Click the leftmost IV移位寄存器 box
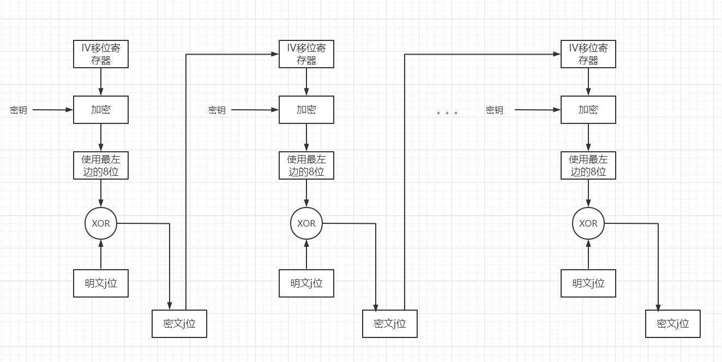pos(101,54)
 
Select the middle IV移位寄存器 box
pos(306,54)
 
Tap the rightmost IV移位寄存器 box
pos(588,54)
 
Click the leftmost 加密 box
pos(101,110)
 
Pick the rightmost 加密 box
pos(588,110)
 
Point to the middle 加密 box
pos(306,110)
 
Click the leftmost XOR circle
pos(101,223)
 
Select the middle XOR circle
pos(306,223)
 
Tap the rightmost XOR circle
pos(588,223)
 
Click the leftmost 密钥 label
pos(19,110)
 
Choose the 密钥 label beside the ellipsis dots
pos(495,110)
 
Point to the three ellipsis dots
pos(447,113)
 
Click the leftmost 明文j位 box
pos(101,283)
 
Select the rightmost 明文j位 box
pos(588,283)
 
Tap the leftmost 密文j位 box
pos(179,324)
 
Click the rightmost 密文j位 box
pos(673,324)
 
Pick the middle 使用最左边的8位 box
pos(306,165)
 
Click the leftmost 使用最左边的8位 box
pos(101,165)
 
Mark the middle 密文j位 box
pos(390,324)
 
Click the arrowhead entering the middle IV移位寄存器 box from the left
pos(275,54)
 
